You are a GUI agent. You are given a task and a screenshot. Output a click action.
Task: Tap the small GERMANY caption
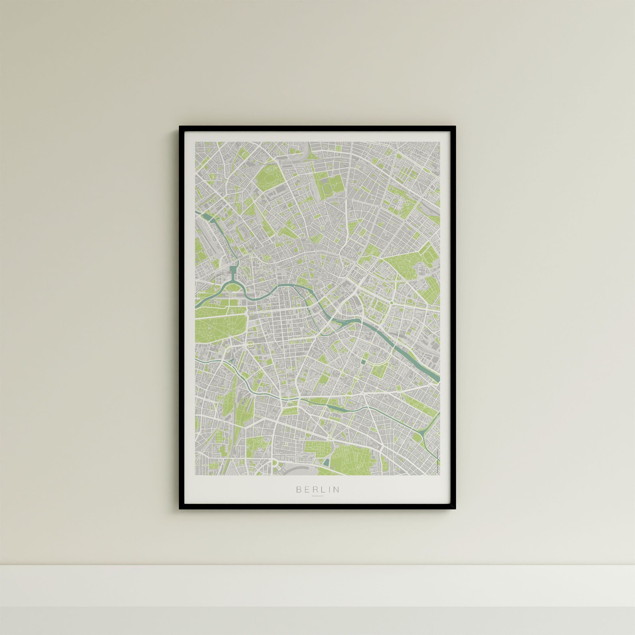317,505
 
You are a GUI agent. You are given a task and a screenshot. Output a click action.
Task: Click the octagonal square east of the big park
251,344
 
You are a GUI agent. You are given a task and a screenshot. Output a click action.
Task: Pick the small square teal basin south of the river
363,362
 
